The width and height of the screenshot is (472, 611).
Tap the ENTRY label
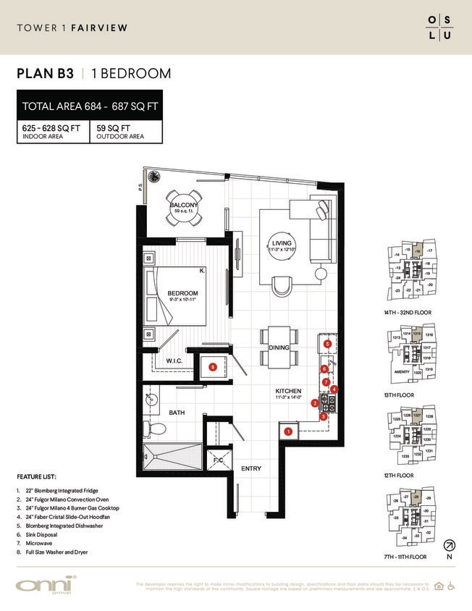pos(251,468)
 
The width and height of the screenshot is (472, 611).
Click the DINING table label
pos(278,347)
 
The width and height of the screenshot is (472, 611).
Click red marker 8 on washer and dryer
pos(212,367)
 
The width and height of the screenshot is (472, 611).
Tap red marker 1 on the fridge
pos(288,431)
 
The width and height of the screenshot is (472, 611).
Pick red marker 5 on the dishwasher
pos(327,344)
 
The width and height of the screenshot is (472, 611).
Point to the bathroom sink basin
pos(153,400)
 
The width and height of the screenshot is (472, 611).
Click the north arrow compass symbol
pos(449,544)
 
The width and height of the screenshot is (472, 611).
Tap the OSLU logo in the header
pos(438,28)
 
